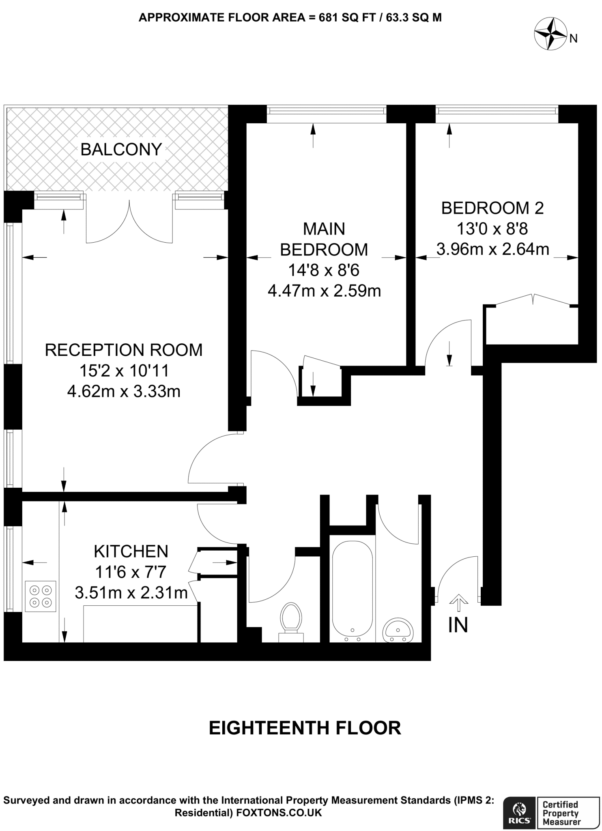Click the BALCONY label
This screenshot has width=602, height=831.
point(121,150)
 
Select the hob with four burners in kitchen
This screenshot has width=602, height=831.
point(41,596)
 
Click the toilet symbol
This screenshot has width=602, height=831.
point(291,622)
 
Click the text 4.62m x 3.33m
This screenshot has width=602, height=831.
point(124,392)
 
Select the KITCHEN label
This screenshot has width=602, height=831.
point(131,551)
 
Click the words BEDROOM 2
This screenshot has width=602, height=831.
point(492,208)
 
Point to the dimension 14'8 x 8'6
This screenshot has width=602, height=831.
point(324,270)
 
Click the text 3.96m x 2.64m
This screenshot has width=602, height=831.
point(492,249)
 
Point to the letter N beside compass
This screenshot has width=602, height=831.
point(574,39)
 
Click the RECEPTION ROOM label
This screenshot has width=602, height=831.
point(124,350)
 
